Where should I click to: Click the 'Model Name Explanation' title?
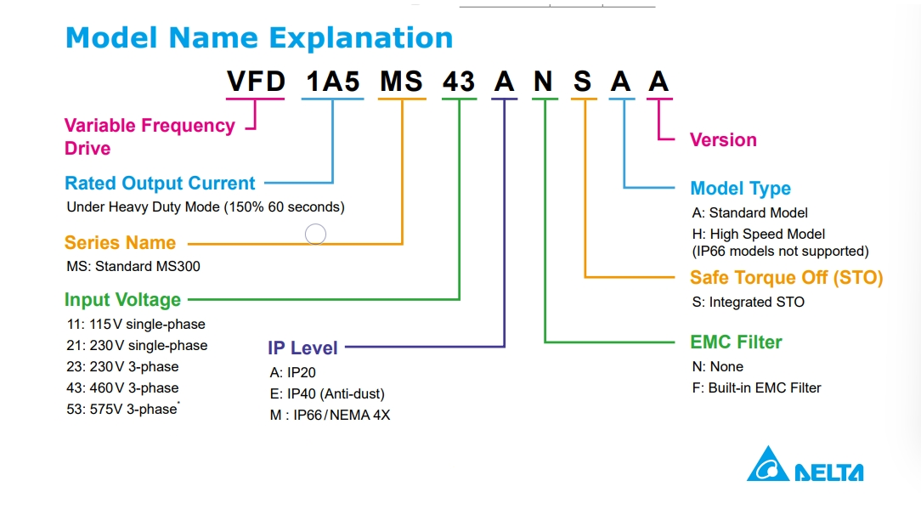pos(259,38)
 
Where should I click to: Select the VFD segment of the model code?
pos(256,81)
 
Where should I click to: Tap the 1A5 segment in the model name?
pos(332,81)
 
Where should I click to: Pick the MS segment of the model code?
pos(401,81)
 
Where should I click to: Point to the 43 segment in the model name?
pos(459,81)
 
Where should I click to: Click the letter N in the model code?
pos(543,81)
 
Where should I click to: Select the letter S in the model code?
pos(582,81)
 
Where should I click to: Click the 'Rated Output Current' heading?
pos(160,184)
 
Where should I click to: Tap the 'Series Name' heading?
pos(120,243)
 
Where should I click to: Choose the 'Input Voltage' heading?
pos(122,300)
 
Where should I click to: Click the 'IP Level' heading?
pos(302,348)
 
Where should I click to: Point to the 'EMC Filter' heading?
pos(736,342)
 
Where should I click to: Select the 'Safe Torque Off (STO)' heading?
pos(787,277)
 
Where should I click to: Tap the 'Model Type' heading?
pos(740,188)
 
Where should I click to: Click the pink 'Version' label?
pos(723,140)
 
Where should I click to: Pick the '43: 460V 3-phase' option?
pos(122,388)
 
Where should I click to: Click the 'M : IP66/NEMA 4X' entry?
pos(330,415)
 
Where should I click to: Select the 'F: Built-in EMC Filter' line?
pos(756,388)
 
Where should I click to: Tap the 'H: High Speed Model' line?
pos(759,234)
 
